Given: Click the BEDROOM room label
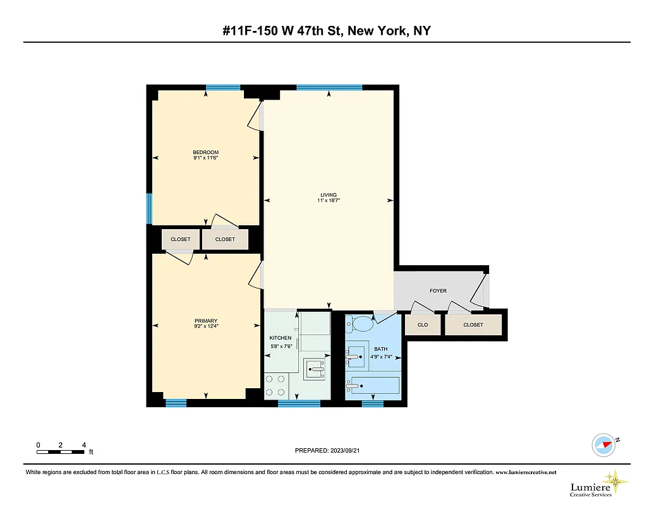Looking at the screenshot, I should [x=206, y=152].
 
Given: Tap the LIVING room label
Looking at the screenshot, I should [x=329, y=194].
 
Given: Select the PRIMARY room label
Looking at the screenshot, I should [x=206, y=321].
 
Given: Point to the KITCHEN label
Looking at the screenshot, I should [x=281, y=338].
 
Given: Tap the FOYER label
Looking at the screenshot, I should [x=438, y=291].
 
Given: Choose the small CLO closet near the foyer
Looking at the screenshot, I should [x=423, y=325].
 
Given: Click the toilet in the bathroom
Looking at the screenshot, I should [x=362, y=324].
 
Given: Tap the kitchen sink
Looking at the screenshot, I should [x=314, y=368].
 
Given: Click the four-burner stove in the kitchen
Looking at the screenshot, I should [x=275, y=386].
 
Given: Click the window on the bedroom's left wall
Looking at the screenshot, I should [x=149, y=208].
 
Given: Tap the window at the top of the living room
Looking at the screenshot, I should [x=329, y=87].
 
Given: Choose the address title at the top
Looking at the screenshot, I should [x=327, y=30].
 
